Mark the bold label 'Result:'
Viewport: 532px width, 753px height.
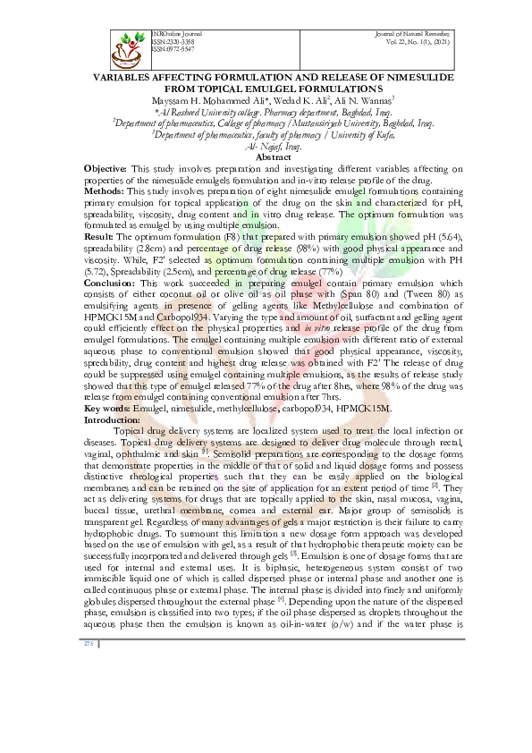tap(99, 236)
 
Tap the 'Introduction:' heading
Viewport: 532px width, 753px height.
tap(112, 419)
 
